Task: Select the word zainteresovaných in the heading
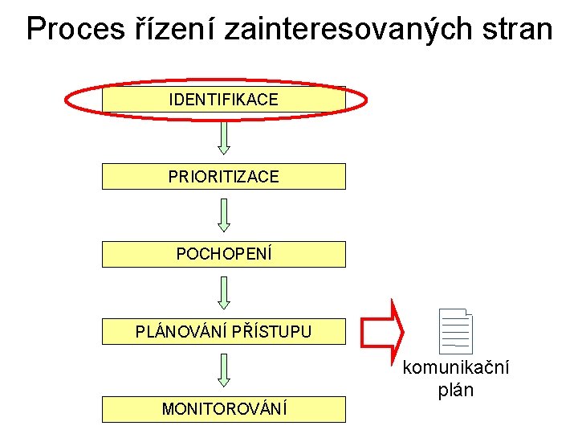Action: pyautogui.click(x=338, y=30)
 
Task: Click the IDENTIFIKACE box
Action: pyautogui.click(x=223, y=100)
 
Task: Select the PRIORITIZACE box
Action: pyautogui.click(x=223, y=176)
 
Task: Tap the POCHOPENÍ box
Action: pyautogui.click(x=223, y=254)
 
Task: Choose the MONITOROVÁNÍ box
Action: pyautogui.click(x=223, y=409)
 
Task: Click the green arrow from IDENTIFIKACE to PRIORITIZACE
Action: pyautogui.click(x=224, y=137)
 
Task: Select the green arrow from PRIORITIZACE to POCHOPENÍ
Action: pyautogui.click(x=224, y=215)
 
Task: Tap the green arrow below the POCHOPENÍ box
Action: pyautogui.click(x=224, y=293)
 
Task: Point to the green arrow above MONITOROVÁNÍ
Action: pyautogui.click(x=224, y=370)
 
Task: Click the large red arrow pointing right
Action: pyautogui.click(x=383, y=330)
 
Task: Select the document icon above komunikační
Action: pyautogui.click(x=457, y=332)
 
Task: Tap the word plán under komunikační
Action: pyautogui.click(x=455, y=391)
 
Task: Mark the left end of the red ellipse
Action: pyautogui.click(x=66, y=100)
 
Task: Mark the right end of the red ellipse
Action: pyautogui.click(x=366, y=100)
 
